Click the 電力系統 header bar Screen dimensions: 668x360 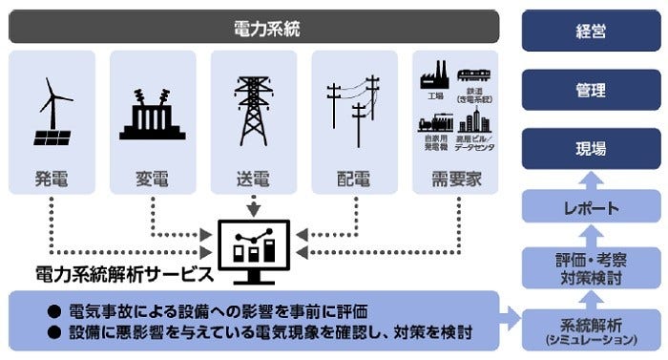254,28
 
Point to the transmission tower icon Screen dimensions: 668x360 254,109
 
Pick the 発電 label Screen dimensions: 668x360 52,179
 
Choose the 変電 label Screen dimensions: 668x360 153,179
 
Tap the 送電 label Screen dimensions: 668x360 254,179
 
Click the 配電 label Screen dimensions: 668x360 354,179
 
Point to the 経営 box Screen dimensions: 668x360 591,30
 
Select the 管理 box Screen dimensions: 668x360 591,90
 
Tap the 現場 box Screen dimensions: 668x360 591,149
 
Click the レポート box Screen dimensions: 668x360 591,207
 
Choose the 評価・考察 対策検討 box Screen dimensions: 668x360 591,266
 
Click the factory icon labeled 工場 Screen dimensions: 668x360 435,75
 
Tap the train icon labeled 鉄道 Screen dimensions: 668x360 475,75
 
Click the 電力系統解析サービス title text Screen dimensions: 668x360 123,275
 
